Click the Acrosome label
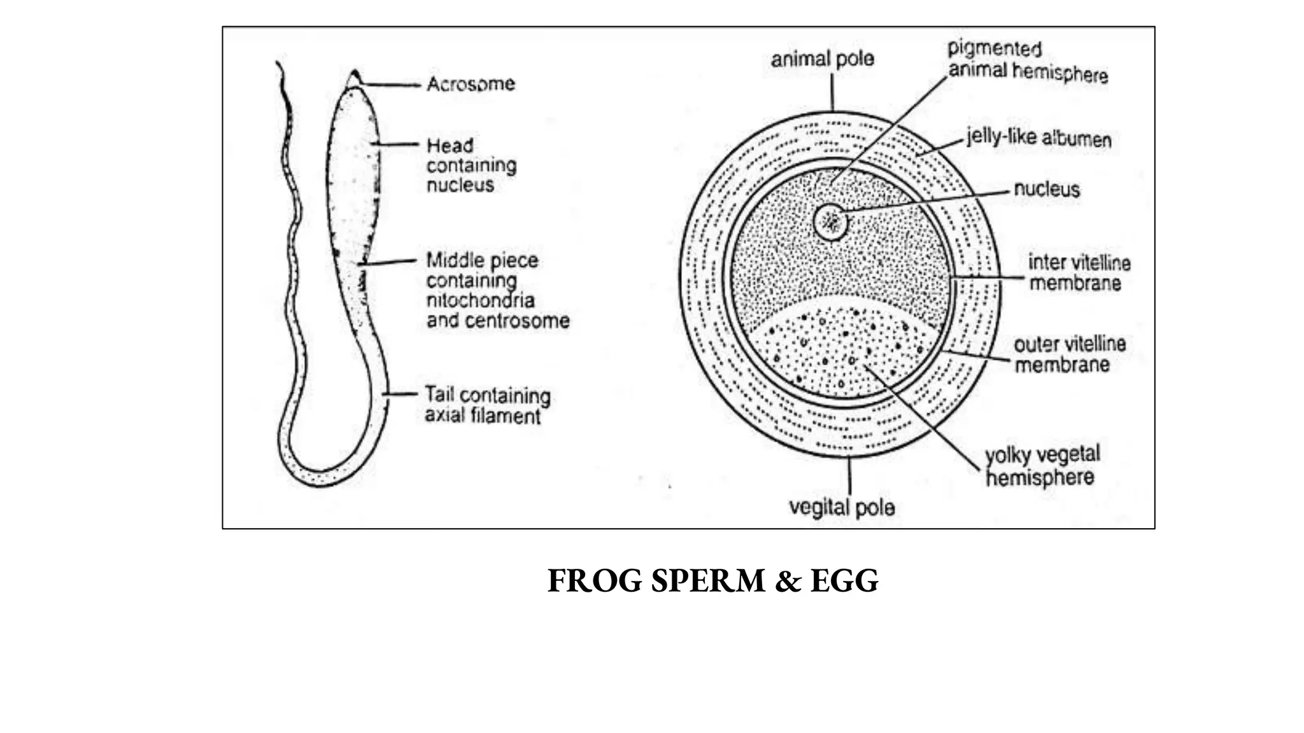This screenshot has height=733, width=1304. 471,84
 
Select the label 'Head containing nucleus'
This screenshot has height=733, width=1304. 471,165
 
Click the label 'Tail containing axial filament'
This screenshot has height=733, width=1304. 487,405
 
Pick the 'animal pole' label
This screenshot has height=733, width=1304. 822,59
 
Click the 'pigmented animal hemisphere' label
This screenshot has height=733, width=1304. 1027,62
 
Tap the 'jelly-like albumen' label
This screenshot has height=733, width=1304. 1038,138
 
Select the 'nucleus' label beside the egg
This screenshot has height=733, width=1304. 1046,190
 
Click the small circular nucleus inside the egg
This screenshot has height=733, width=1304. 831,222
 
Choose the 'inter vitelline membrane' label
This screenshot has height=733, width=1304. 1079,272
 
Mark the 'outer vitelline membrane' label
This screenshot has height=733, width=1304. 1069,354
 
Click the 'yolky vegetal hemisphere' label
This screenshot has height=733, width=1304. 1042,466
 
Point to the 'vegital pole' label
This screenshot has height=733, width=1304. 842,508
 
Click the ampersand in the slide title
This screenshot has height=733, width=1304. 788,581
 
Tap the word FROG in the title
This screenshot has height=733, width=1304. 595,581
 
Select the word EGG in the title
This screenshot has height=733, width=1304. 844,581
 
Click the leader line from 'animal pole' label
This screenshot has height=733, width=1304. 832,93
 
